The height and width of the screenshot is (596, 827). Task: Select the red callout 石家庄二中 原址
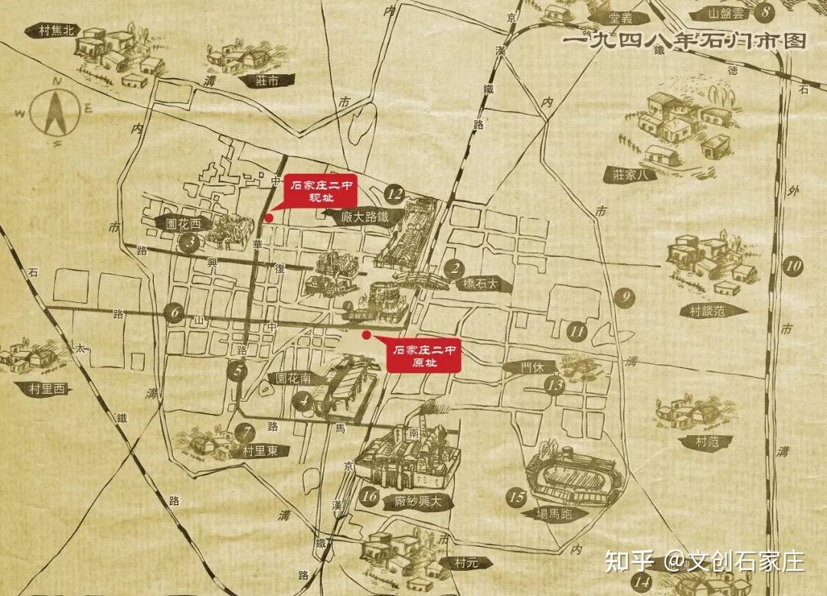[x=424, y=356]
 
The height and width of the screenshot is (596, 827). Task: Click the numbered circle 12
[x=395, y=194]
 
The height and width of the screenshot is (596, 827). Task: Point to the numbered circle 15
[x=518, y=497]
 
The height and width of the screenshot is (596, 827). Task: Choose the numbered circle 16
[x=370, y=497]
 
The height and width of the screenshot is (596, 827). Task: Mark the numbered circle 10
[x=794, y=267]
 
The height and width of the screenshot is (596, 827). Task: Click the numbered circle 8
[x=766, y=13]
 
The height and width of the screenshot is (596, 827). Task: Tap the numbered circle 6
[x=175, y=312]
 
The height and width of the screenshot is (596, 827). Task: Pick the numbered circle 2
[x=455, y=268]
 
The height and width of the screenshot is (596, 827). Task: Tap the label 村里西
[x=45, y=389]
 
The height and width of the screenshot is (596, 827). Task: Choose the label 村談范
[x=707, y=311]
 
